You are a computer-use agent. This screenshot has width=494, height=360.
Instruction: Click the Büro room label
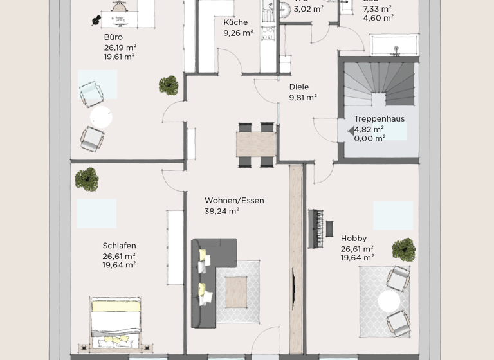(x=113, y=37)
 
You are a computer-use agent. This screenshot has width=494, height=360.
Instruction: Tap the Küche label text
(x=235, y=22)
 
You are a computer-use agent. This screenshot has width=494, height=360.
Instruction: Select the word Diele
(x=299, y=87)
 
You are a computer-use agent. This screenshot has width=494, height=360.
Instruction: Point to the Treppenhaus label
(x=379, y=119)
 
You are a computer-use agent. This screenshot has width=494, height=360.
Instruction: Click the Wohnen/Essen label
(x=234, y=201)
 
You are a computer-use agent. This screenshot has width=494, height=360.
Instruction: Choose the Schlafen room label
(x=119, y=246)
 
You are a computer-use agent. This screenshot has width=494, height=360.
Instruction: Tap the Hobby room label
(x=354, y=238)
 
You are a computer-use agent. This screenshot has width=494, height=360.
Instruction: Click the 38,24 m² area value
(x=222, y=211)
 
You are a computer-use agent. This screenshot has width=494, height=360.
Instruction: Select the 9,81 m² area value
(x=303, y=98)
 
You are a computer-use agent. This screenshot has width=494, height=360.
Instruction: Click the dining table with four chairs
(x=256, y=144)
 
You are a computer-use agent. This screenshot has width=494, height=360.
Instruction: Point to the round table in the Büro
(x=101, y=117)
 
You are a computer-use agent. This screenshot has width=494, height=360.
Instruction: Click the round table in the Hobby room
(x=389, y=301)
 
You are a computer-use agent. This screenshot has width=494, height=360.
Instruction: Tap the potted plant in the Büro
(x=169, y=84)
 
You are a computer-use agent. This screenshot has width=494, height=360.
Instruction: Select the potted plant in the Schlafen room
(x=86, y=179)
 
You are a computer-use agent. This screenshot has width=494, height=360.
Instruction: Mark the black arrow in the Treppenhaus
(x=351, y=131)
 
